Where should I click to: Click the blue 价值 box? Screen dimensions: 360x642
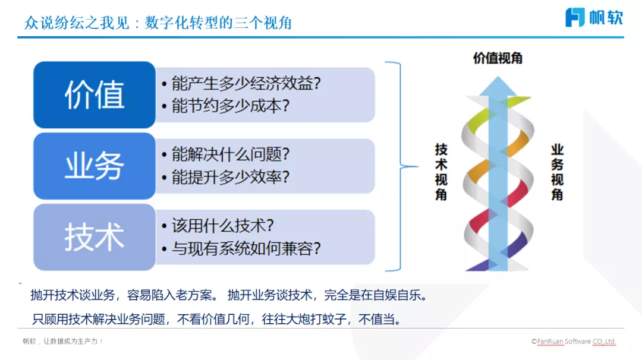pos(94,95)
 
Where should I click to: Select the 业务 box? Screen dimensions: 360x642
pos(94,166)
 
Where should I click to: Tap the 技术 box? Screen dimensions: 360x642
pos(94,237)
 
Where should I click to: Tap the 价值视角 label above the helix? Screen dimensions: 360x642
pos(498,58)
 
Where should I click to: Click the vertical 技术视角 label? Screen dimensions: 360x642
pos(441,172)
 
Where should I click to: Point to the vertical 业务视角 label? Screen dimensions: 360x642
pos(557,172)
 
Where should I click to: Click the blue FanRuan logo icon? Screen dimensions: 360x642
pos(575,17)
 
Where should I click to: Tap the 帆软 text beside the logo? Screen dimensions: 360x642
pos(606,17)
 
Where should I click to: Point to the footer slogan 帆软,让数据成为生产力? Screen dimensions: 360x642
pos(63,342)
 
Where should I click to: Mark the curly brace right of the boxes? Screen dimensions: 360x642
pos(395,166)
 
